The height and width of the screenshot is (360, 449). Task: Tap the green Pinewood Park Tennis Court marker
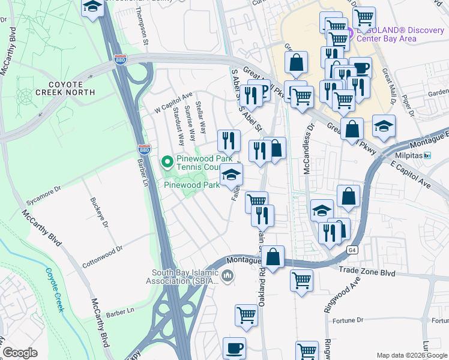pyautogui.click(x=167, y=161)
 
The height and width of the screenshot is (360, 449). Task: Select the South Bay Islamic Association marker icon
pyautogui.click(x=227, y=276)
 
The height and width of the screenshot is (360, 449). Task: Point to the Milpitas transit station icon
pyautogui.click(x=427, y=156)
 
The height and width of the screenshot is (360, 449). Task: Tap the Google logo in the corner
pyautogui.click(x=20, y=353)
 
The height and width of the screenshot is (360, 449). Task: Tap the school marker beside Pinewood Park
pyautogui.click(x=231, y=175)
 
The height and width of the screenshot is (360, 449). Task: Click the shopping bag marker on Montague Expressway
pyautogui.click(x=273, y=256)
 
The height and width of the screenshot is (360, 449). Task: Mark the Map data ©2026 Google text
pyautogui.click(x=411, y=355)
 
